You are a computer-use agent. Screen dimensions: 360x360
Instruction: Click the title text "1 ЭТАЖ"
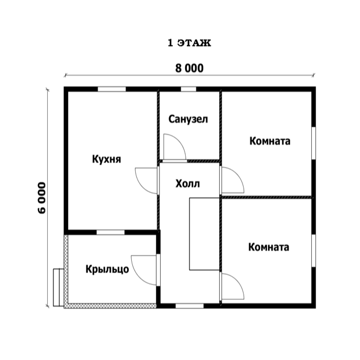point(189,43)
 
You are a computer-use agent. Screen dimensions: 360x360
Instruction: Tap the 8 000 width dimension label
point(190,68)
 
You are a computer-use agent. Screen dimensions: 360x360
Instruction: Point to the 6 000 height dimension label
point(42,198)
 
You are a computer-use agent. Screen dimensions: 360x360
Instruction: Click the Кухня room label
point(107,159)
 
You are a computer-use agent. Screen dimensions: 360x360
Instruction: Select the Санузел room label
point(188,119)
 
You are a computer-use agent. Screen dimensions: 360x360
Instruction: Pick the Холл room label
point(187,183)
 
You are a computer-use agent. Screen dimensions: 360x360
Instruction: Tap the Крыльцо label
point(107,269)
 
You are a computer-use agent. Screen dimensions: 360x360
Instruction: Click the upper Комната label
point(270,141)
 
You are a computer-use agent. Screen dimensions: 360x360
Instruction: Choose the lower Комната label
point(269,247)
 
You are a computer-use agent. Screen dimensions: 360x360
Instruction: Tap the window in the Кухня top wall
point(112,89)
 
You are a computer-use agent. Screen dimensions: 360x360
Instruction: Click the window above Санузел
point(189,89)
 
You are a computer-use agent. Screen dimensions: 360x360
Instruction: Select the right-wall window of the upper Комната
point(313,143)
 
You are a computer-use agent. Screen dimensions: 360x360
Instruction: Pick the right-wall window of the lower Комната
point(313,250)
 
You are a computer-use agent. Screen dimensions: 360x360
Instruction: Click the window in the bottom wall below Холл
point(190,306)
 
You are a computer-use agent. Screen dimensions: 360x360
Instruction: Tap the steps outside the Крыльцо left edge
point(58,287)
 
